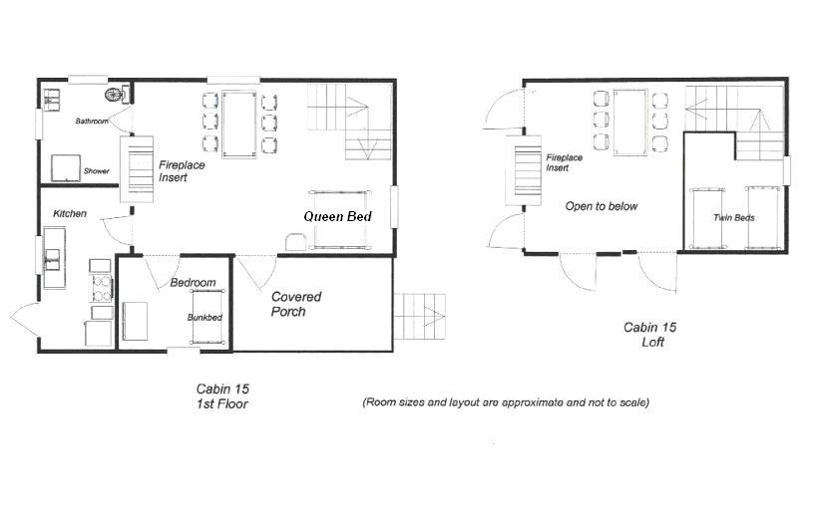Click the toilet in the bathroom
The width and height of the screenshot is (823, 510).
[117, 94]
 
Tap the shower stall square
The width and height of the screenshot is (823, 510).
[66, 167]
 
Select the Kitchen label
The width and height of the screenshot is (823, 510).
[70, 213]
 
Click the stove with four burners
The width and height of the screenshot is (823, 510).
[102, 288]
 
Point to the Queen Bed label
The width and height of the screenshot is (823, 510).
[337, 216]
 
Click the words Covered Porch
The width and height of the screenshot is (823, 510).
[296, 304]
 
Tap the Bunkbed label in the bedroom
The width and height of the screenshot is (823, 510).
[205, 317]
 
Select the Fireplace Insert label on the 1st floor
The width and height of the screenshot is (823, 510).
[182, 171]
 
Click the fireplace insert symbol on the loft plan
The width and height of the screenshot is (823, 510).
[524, 170]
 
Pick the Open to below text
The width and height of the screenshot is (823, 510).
[601, 206]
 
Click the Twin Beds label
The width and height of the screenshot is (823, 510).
[734, 217]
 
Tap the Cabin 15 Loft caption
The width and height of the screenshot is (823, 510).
[649, 335]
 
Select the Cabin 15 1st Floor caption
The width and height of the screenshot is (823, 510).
[222, 396]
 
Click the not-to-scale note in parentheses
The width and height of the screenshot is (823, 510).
[506, 402]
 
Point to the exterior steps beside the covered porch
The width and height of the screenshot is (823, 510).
[419, 317]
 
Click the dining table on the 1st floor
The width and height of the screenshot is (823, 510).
[239, 125]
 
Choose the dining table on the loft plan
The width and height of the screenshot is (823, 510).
[629, 123]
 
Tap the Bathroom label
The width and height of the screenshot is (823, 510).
[92, 122]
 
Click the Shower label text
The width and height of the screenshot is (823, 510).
[97, 171]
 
